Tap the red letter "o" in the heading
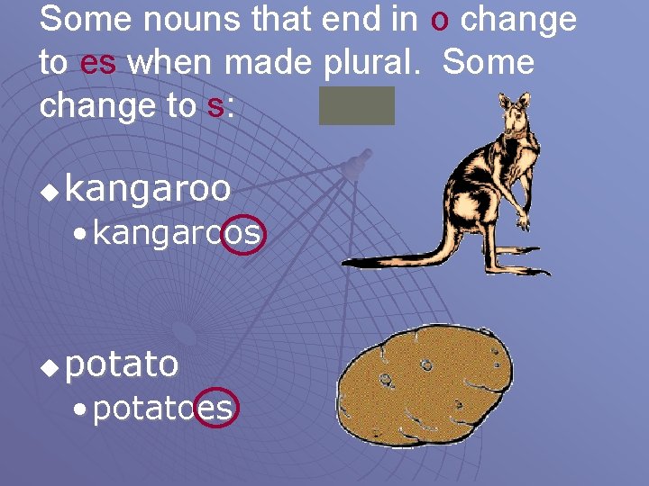click(440, 20)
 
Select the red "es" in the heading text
click(98, 63)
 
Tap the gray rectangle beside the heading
click(356, 105)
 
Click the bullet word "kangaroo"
click(148, 190)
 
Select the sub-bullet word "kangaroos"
click(176, 234)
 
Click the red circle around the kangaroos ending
click(242, 234)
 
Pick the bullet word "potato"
click(122, 364)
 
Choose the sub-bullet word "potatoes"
click(162, 409)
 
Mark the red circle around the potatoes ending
click(216, 409)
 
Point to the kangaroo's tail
click(397, 260)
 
